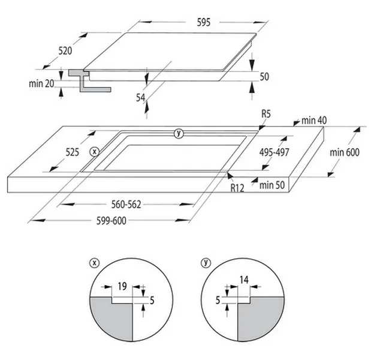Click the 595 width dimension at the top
[204, 22]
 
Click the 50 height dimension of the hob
[264, 77]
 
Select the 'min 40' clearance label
[314, 121]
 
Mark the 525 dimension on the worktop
[73, 152]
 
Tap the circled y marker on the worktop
[178, 133]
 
